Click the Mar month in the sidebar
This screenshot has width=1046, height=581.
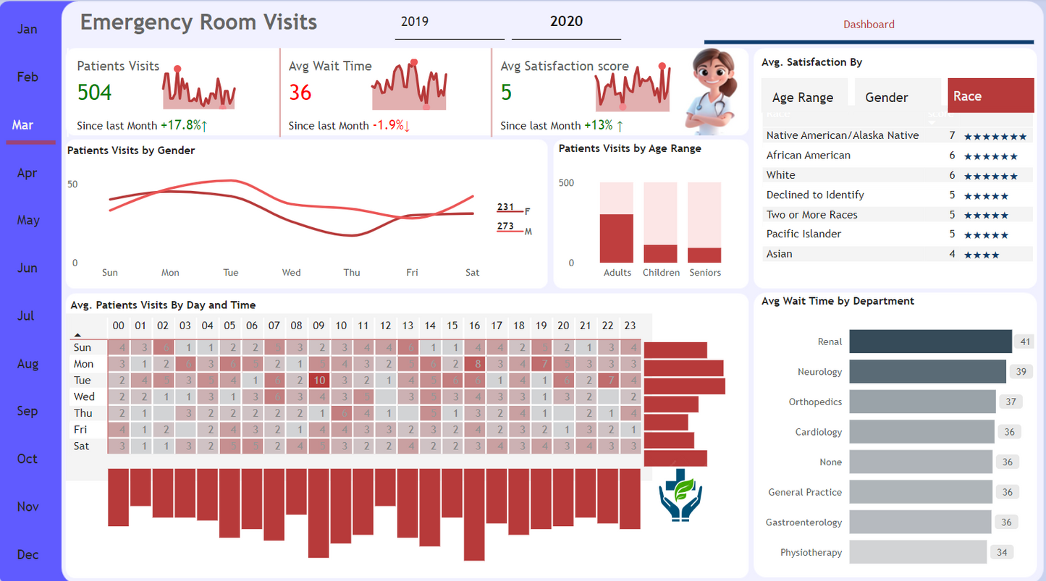pyautogui.click(x=23, y=125)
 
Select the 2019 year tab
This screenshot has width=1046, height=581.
pyautogui.click(x=415, y=22)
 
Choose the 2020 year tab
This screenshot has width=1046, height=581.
pyautogui.click(x=566, y=22)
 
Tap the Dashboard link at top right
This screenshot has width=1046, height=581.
pyautogui.click(x=869, y=25)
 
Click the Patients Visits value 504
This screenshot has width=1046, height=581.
pyautogui.click(x=94, y=92)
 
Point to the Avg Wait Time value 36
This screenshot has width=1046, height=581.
pyautogui.click(x=300, y=92)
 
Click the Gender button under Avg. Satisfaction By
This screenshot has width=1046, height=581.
pyautogui.click(x=887, y=97)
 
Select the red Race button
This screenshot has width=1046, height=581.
pyautogui.click(x=990, y=96)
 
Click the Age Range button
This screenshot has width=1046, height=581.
pyautogui.click(x=803, y=97)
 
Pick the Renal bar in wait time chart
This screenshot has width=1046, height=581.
pyautogui.click(x=930, y=342)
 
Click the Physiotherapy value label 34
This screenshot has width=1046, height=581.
pyautogui.click(x=1002, y=552)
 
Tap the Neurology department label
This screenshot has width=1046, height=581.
pyautogui.click(x=819, y=372)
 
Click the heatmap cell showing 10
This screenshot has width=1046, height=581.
pyautogui.click(x=319, y=381)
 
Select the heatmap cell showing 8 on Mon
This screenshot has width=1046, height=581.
pyautogui.click(x=475, y=364)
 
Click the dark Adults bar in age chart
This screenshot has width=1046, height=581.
pyautogui.click(x=616, y=239)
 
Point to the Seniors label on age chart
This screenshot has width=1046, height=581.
pyautogui.click(x=705, y=273)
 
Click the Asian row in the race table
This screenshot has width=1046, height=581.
pyautogui.click(x=780, y=254)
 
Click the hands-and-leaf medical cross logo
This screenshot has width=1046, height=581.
pyautogui.click(x=680, y=496)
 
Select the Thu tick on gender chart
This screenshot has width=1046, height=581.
pyautogui.click(x=352, y=273)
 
